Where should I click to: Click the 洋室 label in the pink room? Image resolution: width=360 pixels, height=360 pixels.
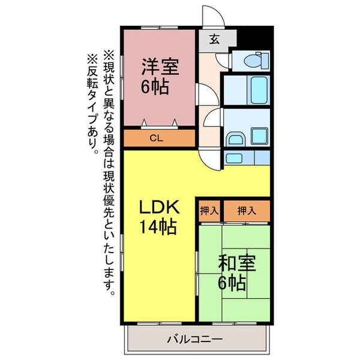pos(160,65)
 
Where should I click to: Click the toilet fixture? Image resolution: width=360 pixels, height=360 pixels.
pos(256,60)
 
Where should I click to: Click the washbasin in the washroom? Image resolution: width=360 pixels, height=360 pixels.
pos(235,139)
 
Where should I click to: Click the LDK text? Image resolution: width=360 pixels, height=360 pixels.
pos(160,207)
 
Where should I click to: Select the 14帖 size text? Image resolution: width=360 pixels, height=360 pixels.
pos(158,227)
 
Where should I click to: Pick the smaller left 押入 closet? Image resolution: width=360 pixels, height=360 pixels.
pos(209,211)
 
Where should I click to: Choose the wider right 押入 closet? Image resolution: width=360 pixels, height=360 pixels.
pos(246,211)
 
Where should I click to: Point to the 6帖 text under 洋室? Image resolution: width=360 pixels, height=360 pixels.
pos(155,86)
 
